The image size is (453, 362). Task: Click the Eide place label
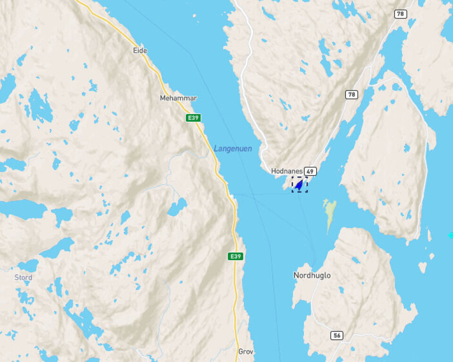(140, 50)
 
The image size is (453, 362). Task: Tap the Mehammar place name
(178, 98)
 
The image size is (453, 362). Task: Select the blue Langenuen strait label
(233, 148)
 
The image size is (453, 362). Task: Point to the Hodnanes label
(286, 171)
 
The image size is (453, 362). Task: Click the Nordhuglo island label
(312, 275)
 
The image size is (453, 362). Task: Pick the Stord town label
(23, 277)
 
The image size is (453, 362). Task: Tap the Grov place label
(246, 352)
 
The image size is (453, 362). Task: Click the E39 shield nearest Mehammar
(193, 118)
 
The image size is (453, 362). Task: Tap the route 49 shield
(310, 171)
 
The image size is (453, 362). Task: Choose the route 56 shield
(336, 335)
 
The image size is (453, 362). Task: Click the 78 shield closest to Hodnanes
(351, 95)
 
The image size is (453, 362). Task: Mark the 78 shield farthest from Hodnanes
(401, 14)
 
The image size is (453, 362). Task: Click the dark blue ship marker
(299, 185)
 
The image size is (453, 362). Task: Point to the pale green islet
(330, 212)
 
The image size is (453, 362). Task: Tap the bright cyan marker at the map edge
(451, 235)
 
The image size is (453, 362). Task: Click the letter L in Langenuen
(216, 148)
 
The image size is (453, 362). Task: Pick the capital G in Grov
(241, 352)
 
